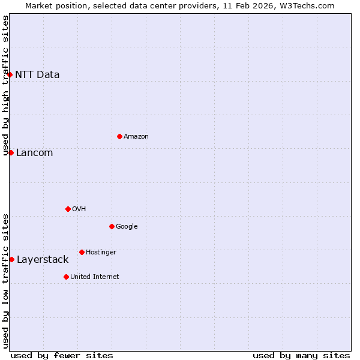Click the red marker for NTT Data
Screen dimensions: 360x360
click(10, 74)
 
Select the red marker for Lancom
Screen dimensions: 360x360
click(11, 152)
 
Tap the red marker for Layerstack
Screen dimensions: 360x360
click(11, 259)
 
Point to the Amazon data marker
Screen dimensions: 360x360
click(119, 136)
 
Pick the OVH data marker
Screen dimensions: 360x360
click(68, 209)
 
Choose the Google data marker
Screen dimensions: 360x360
click(112, 226)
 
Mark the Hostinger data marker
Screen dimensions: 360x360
click(82, 252)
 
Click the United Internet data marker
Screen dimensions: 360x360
click(66, 277)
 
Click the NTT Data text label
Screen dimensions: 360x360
click(37, 75)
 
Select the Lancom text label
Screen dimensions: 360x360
click(34, 153)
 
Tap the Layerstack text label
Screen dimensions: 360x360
click(43, 260)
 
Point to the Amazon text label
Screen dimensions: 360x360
click(136, 137)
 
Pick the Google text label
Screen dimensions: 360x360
click(127, 227)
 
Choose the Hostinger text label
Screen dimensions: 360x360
click(101, 253)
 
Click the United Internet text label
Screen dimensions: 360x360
click(94, 277)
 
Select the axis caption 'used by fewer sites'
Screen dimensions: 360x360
click(62, 355)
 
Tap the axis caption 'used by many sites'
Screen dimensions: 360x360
click(301, 355)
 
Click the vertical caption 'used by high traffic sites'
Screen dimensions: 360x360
click(5, 85)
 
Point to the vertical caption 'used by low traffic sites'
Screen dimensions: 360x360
click(5, 281)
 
